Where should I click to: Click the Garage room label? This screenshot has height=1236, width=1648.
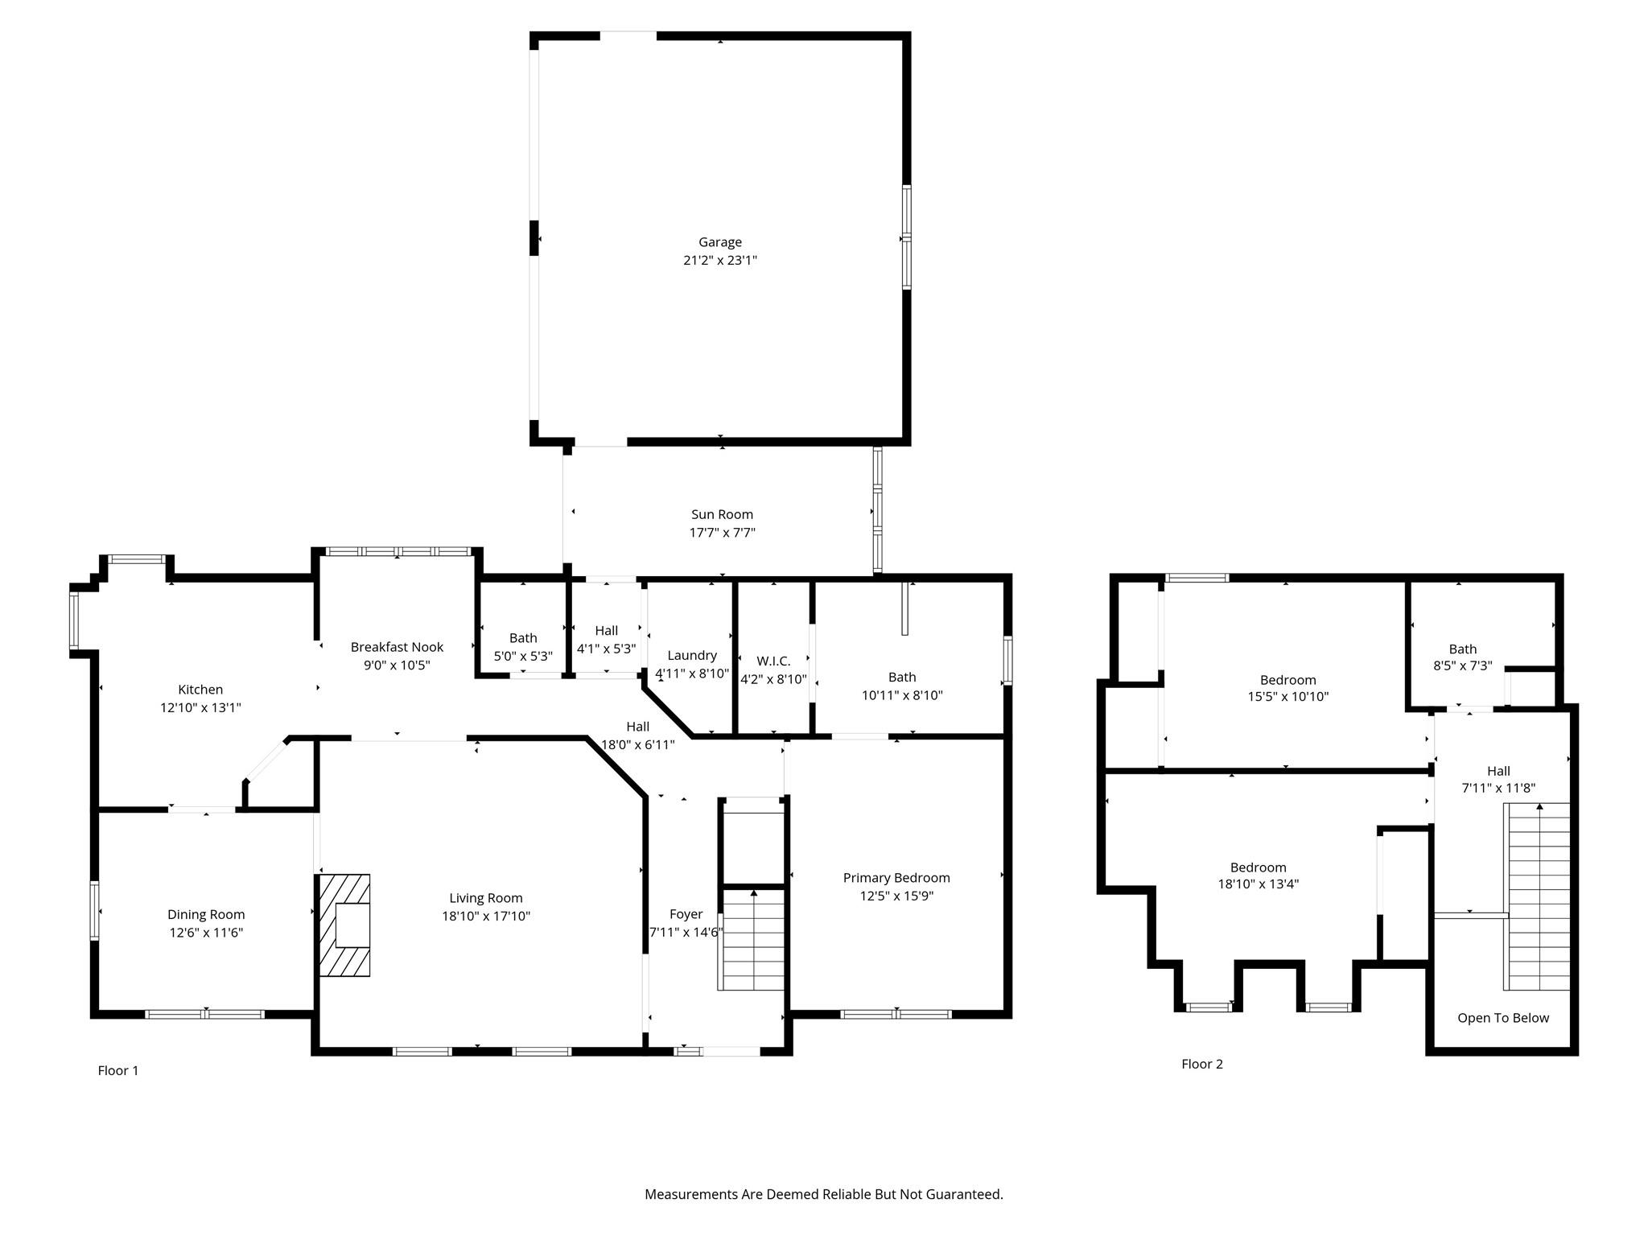click(x=719, y=242)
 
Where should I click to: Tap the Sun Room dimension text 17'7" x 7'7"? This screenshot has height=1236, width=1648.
click(x=722, y=533)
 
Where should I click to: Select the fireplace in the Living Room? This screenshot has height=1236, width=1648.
click(x=344, y=925)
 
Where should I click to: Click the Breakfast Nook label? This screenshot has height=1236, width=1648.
click(x=397, y=647)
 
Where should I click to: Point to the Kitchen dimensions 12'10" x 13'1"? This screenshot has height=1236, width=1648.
click(x=200, y=708)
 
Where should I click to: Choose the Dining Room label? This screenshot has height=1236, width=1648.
click(x=206, y=914)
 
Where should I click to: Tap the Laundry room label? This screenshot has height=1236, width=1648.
click(x=692, y=656)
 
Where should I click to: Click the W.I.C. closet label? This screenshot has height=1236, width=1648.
click(x=773, y=661)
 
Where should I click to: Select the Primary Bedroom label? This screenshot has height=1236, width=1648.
click(x=896, y=878)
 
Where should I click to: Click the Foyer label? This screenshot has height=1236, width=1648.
click(x=686, y=914)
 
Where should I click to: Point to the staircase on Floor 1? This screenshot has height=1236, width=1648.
click(x=752, y=939)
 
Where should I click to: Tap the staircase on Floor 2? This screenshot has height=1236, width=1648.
click(x=1537, y=896)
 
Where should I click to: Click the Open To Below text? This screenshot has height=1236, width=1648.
click(x=1503, y=1018)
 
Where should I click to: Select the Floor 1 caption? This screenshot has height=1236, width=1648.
click(x=118, y=1070)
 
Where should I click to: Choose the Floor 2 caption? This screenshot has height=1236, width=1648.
click(x=1202, y=1064)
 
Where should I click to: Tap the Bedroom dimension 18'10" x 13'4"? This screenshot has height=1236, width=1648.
click(x=1259, y=884)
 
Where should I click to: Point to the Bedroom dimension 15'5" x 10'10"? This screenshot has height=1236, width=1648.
click(x=1288, y=697)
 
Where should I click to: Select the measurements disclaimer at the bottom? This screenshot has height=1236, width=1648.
click(x=824, y=1195)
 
